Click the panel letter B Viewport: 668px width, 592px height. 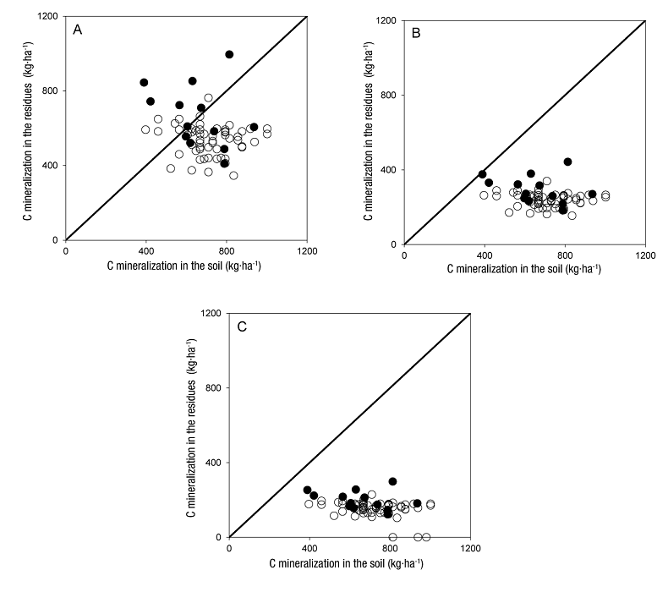(x=416, y=35)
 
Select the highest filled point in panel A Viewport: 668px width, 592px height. (x=229, y=54)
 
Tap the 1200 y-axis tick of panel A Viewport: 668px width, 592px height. (x=47, y=17)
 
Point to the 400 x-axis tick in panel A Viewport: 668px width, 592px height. (x=146, y=250)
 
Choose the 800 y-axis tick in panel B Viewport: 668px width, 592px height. (x=390, y=96)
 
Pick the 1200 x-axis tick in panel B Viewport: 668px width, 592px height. (x=645, y=255)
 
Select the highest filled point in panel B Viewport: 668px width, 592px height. (x=567, y=162)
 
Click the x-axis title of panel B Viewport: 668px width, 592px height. (x=524, y=270)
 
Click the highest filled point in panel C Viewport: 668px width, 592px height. (x=392, y=481)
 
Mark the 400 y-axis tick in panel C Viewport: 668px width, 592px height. (x=216, y=463)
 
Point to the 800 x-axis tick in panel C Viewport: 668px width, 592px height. (x=391, y=548)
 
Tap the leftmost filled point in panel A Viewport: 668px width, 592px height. (x=144, y=82)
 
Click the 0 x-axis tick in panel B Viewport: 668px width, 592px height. (x=404, y=255)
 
